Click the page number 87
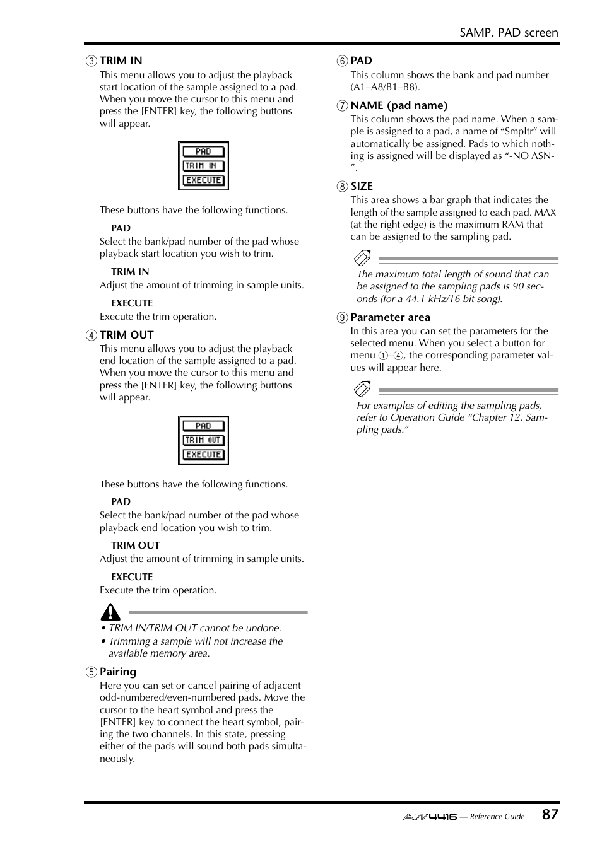[x=550, y=814]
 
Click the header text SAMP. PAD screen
[x=509, y=33]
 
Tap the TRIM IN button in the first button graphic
[x=203, y=166]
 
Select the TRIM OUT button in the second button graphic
[x=203, y=440]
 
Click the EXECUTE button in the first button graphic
[x=203, y=180]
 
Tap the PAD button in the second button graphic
[x=203, y=426]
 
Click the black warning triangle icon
[x=110, y=612]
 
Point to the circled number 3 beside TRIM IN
[x=91, y=61]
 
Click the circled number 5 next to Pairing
[x=91, y=672]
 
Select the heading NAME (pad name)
[x=399, y=105]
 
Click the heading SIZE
[x=362, y=186]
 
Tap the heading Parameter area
[x=390, y=317]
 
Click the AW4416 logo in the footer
[x=429, y=817]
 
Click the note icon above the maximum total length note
[x=362, y=258]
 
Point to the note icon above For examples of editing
[x=362, y=388]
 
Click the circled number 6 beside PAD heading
[x=342, y=61]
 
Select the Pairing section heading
[x=118, y=672]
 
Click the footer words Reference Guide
[x=497, y=817]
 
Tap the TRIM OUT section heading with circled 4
[x=126, y=335]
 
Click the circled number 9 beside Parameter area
[x=342, y=318]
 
